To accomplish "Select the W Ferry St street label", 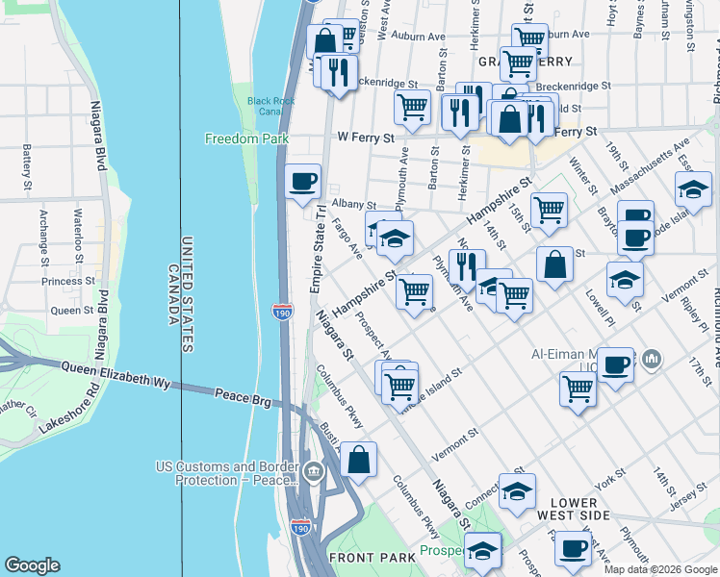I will (366, 138).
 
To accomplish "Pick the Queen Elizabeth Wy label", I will (116, 375).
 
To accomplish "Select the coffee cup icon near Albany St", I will (302, 181).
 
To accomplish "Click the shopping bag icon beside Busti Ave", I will (358, 459).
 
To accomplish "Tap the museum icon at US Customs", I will (314, 472).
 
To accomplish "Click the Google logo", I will (33, 565).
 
